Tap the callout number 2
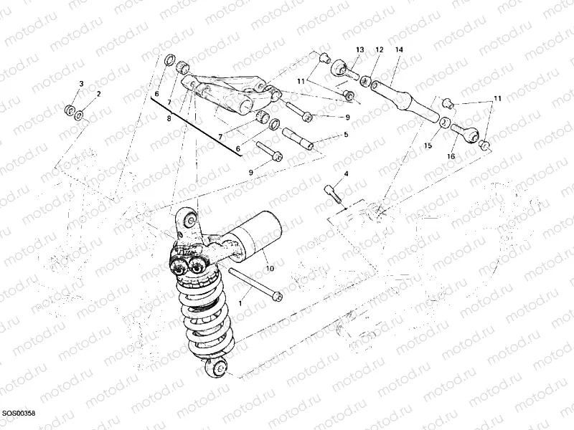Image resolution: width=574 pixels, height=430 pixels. point(98,94)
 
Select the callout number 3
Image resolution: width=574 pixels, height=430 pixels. point(81,84)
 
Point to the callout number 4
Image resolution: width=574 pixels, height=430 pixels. point(345,174)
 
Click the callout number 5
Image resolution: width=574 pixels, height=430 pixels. point(345,135)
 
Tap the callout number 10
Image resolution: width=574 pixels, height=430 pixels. point(270,269)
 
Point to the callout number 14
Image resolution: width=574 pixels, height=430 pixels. point(399,49)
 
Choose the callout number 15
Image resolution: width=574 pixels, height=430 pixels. point(428,145)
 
